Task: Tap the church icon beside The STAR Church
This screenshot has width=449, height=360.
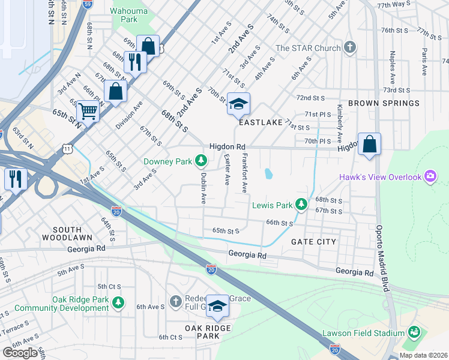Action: click(x=351, y=48)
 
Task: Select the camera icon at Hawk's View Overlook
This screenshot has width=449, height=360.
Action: click(x=430, y=176)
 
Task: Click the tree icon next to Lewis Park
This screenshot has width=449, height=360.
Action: click(x=302, y=205)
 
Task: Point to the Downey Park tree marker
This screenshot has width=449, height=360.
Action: click(x=201, y=161)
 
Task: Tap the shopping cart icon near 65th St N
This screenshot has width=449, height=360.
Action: click(x=88, y=111)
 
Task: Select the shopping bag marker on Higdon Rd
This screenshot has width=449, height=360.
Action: click(x=369, y=144)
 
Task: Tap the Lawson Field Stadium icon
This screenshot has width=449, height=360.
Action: click(x=414, y=332)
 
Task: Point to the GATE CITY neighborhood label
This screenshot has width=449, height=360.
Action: click(x=313, y=241)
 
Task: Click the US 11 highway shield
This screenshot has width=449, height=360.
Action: click(x=68, y=148)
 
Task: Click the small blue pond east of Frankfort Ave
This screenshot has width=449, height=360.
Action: click(x=268, y=174)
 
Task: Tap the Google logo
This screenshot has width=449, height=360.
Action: click(x=19, y=352)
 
